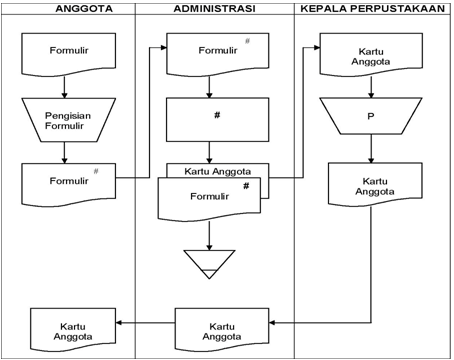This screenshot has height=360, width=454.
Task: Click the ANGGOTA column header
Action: point(67,9)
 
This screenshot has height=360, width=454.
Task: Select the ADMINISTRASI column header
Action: point(214,9)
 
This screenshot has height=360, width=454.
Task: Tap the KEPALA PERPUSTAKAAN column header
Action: point(372,9)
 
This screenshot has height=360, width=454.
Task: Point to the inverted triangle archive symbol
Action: point(211,265)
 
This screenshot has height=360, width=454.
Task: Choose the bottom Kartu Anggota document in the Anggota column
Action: point(71,330)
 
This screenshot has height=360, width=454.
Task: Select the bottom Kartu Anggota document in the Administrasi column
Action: point(219,330)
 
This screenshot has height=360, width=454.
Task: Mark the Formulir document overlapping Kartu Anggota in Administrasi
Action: point(208,196)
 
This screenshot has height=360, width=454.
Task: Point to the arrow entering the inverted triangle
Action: point(211,236)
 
